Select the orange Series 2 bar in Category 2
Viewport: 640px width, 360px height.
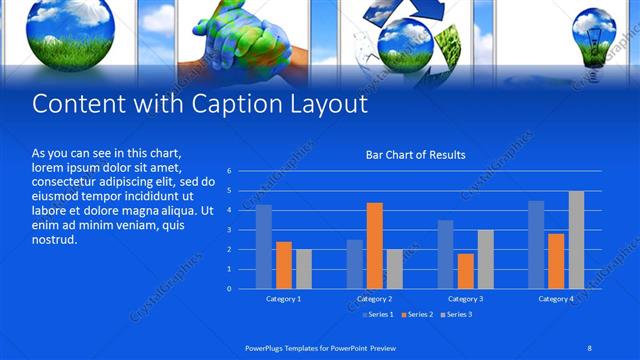[x=374, y=246]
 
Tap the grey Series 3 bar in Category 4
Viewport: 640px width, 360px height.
[x=576, y=240]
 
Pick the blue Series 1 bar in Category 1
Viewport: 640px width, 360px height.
[x=264, y=247]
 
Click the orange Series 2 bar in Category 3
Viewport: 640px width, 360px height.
[x=465, y=271]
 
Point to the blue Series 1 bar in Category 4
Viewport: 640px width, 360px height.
[x=536, y=245]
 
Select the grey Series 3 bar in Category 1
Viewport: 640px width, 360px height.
[x=304, y=269]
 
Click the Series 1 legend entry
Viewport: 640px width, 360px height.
[x=376, y=315]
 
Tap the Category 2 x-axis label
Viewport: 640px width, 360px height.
[x=374, y=299]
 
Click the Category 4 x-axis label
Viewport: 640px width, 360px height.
[x=556, y=299]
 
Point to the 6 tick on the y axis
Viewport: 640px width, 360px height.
[x=229, y=171]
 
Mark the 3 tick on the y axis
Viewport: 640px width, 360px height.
[x=229, y=230]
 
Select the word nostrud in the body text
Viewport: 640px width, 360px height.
[x=54, y=239]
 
